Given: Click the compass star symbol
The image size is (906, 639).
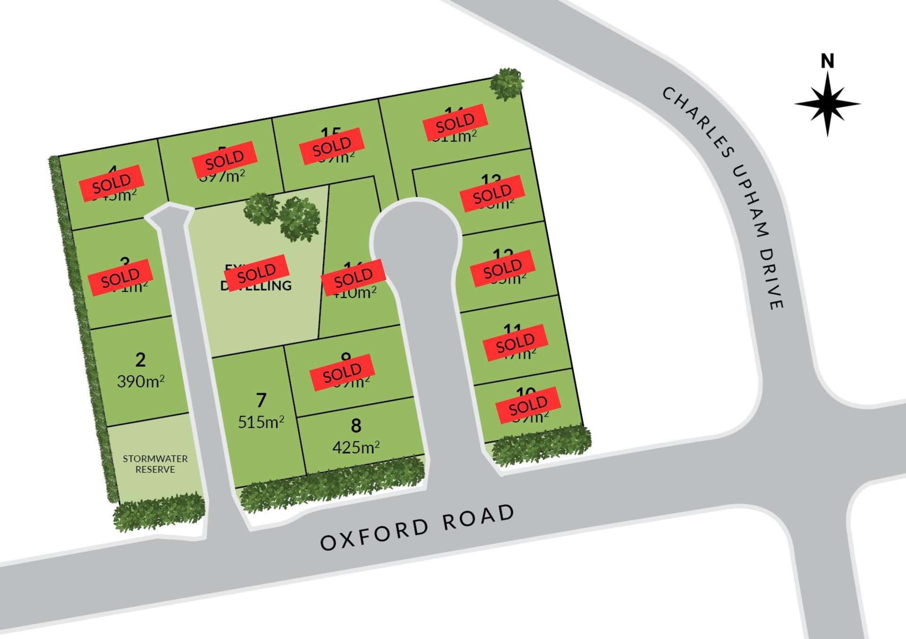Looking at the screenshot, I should (827, 104).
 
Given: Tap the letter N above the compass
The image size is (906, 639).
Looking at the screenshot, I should (827, 61).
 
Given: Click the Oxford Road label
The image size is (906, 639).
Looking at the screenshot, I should (417, 528).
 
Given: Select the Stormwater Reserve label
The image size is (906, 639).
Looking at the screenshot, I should (155, 464).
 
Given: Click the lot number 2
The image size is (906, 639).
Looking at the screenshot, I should (140, 360).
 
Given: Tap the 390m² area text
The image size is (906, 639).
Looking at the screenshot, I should (141, 381).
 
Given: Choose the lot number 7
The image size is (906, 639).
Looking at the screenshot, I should (261, 400).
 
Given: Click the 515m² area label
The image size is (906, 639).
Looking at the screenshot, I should (261, 422).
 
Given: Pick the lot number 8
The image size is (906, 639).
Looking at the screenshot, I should (356, 426).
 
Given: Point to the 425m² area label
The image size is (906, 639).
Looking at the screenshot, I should (356, 447).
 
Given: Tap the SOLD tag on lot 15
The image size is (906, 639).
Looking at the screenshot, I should (332, 146).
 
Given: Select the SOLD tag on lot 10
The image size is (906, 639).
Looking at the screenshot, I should (528, 405).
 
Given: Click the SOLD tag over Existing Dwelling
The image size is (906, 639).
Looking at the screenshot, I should (256, 273).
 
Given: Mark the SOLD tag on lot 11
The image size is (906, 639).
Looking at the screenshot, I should (515, 343).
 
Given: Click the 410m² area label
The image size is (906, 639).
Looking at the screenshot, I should (355, 293).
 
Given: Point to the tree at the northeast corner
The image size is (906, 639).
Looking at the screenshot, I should (507, 84).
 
